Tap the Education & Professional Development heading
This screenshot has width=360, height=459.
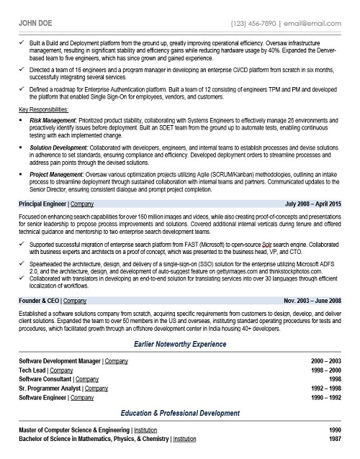click(x=180, y=414)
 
